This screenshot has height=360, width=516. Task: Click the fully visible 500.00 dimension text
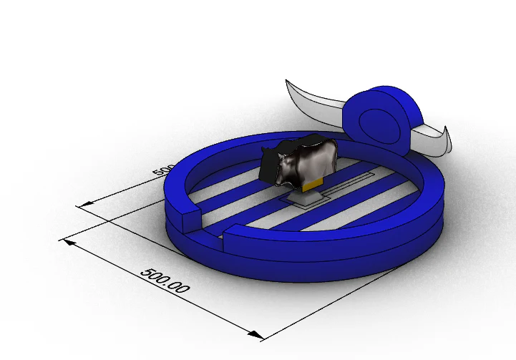tap(165, 281)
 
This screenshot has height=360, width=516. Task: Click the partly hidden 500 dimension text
tap(164, 171)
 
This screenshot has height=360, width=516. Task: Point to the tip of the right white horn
tap(446, 130)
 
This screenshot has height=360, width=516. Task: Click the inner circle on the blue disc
tap(373, 120)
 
